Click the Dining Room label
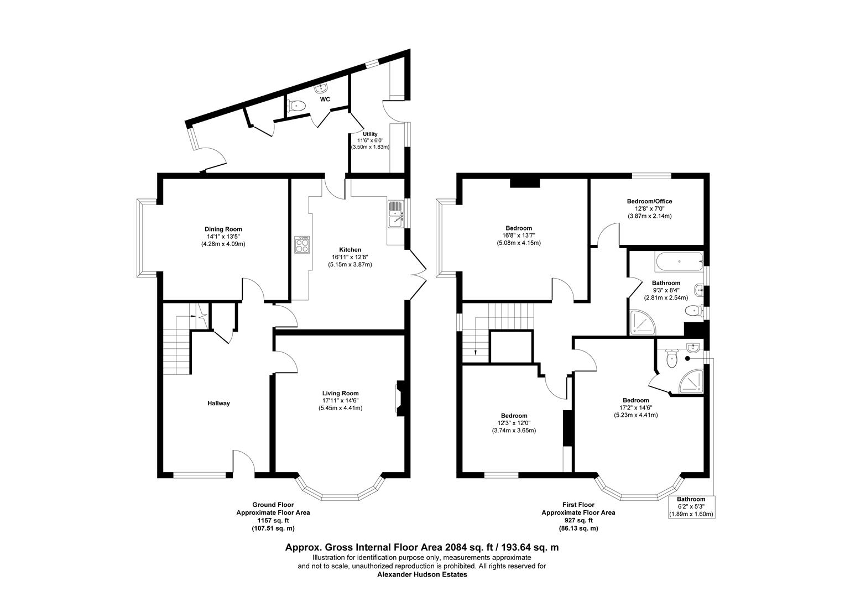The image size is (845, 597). click(223, 229)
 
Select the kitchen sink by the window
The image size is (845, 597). click(396, 214)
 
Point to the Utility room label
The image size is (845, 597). click(370, 134)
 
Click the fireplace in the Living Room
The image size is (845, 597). click(398, 398)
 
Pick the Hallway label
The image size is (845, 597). click(218, 404)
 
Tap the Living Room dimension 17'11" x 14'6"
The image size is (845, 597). click(340, 400)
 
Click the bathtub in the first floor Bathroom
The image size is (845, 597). click(678, 261)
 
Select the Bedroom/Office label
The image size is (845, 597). click(649, 201)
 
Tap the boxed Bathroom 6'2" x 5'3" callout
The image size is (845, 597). click(691, 506)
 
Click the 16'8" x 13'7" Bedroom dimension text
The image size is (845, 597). click(518, 235)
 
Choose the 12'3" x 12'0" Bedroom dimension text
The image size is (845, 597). click(514, 423)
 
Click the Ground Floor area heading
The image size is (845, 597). click(273, 505)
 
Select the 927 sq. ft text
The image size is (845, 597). click(578, 520)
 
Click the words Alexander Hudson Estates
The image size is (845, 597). click(422, 574)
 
